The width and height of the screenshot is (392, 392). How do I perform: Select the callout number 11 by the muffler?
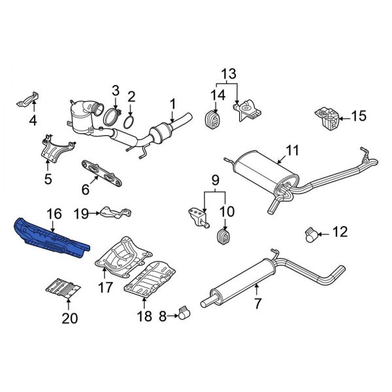click(x=291, y=150)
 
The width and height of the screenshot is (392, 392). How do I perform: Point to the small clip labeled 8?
click(x=184, y=317)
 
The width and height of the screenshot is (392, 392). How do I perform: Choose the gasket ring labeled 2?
click(x=131, y=122)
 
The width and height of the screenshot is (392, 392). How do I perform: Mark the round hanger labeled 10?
click(x=224, y=235)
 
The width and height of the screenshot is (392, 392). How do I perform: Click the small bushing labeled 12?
click(x=313, y=232)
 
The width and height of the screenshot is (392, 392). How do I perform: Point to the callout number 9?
click(x=214, y=180)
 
